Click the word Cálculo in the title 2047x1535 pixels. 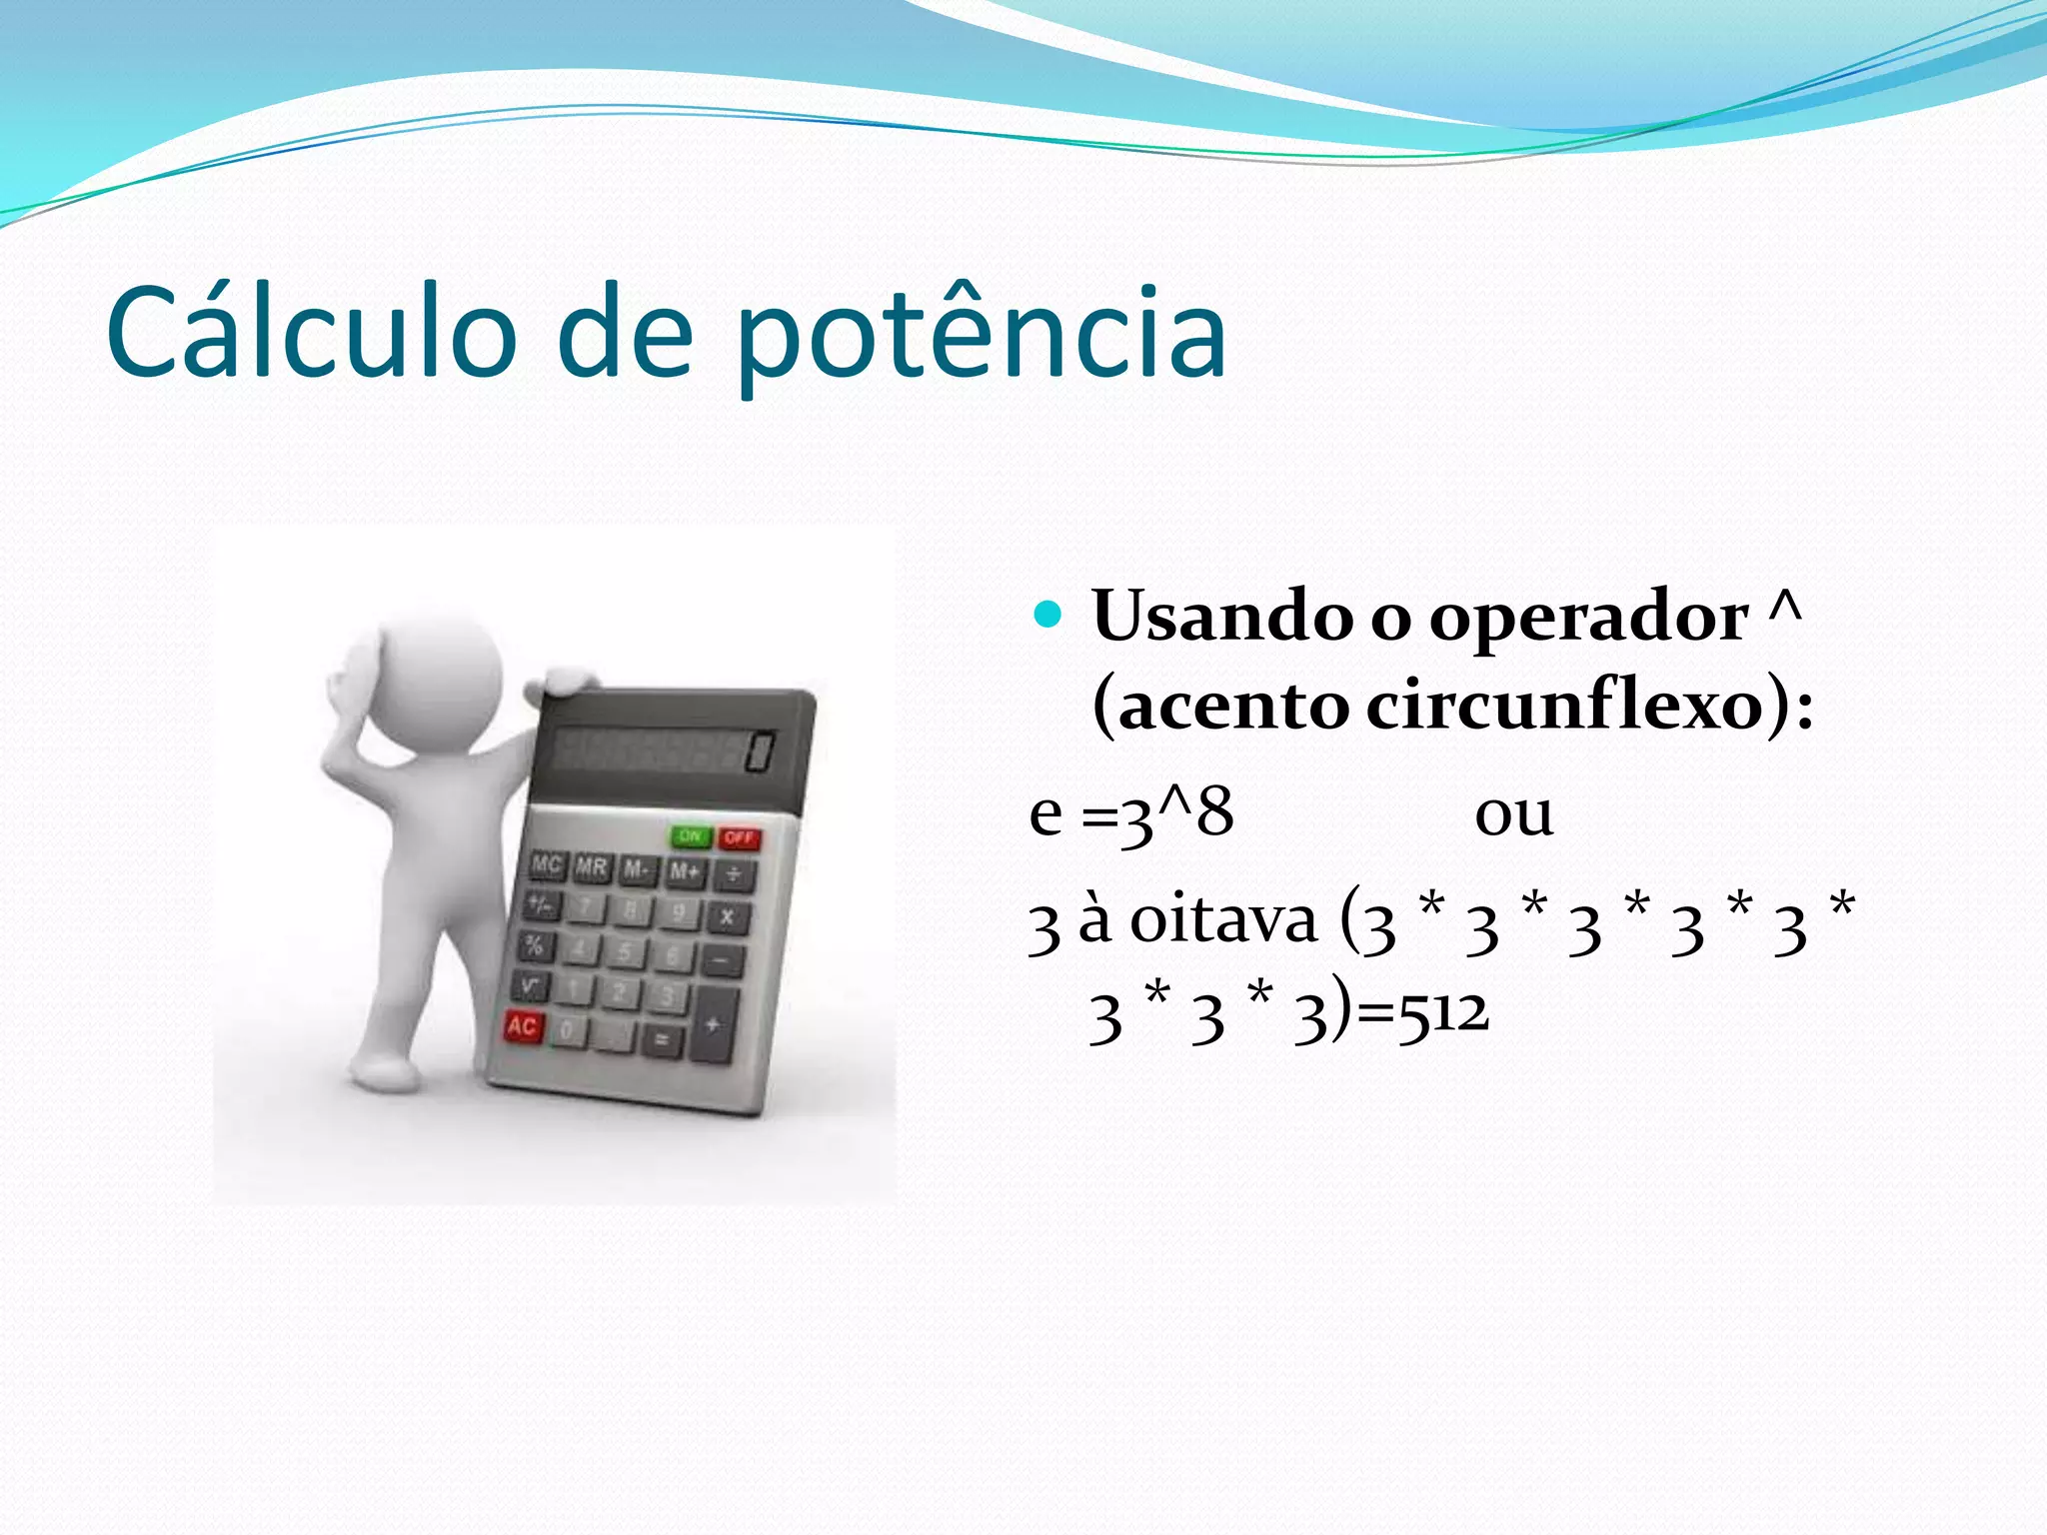click(x=311, y=333)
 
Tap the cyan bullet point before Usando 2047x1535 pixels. click(x=1046, y=614)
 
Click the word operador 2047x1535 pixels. click(x=1588, y=618)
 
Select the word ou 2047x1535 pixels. click(x=1513, y=813)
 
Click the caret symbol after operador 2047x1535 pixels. click(x=1785, y=608)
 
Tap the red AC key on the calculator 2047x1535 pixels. click(x=523, y=1026)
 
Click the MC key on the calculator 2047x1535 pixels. click(x=547, y=864)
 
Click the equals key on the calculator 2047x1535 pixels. click(x=661, y=1040)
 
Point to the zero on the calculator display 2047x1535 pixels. click(x=760, y=752)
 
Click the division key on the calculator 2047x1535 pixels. click(x=734, y=876)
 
